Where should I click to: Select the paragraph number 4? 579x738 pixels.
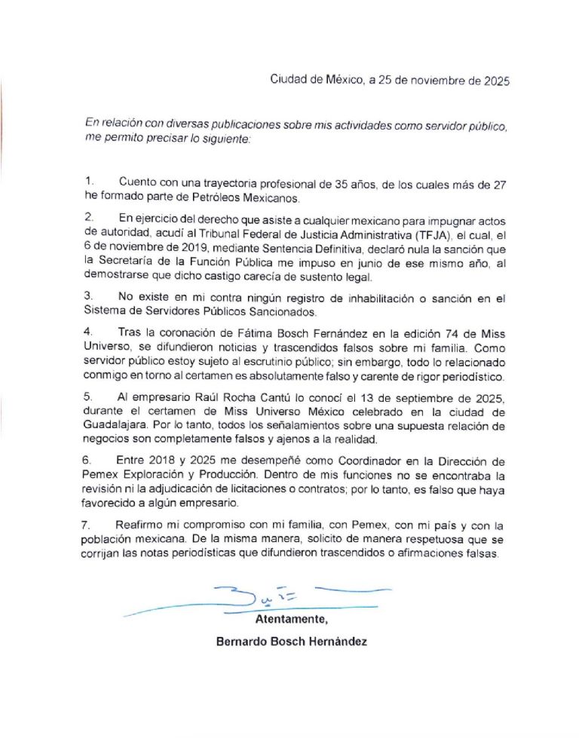click(x=88, y=332)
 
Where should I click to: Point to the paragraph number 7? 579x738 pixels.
click(x=88, y=525)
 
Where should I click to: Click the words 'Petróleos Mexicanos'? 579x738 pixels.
click(x=248, y=198)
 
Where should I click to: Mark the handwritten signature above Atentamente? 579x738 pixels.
click(x=249, y=596)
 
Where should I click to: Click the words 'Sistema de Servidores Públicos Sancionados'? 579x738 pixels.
click(x=197, y=312)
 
